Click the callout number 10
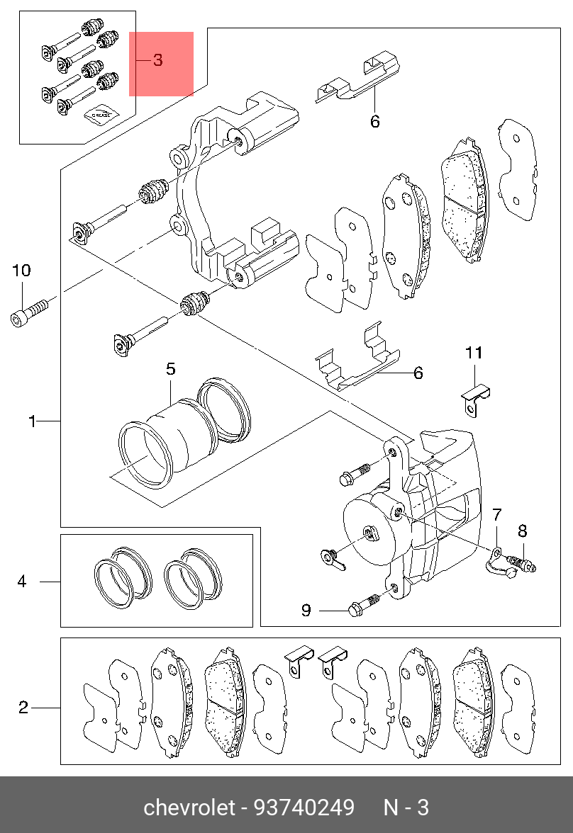pos(22,271)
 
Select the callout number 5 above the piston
pos(170,368)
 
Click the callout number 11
pos(474,353)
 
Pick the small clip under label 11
pos(474,398)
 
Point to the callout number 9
pos(306,610)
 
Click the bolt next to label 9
pos(365,605)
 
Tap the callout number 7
pos(497,515)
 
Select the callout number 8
pos(523,531)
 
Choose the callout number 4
pos(22,581)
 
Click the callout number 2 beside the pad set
pos(23,708)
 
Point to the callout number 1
pos(33,422)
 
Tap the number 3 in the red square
pos(158,60)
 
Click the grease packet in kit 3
pos(101,113)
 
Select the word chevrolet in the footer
pos(189,807)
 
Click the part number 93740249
pos(304,807)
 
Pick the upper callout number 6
pos(375,122)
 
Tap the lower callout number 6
pos(418,373)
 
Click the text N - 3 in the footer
pos(406,807)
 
